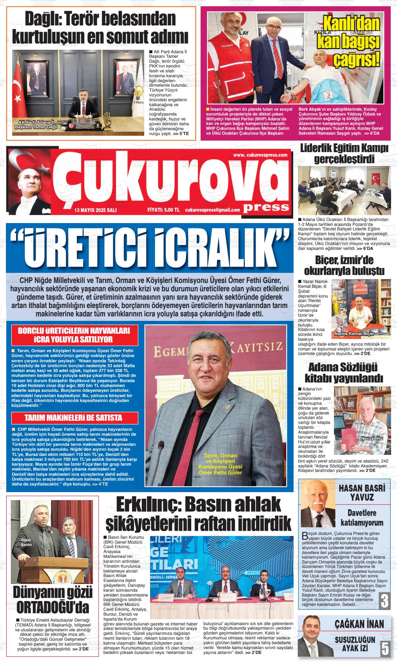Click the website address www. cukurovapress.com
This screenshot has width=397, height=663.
[260, 155]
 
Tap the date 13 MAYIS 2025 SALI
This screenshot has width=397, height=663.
[95, 210]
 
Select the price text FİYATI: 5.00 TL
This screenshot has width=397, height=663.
[163, 210]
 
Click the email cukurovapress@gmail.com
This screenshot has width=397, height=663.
[212, 210]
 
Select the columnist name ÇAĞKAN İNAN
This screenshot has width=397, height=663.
[359, 623]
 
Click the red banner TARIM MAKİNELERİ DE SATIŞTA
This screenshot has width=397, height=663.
[73, 418]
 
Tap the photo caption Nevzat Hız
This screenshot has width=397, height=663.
[372, 438]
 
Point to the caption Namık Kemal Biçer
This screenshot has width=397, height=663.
[354, 334]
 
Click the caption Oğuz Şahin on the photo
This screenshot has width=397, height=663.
[26, 542]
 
